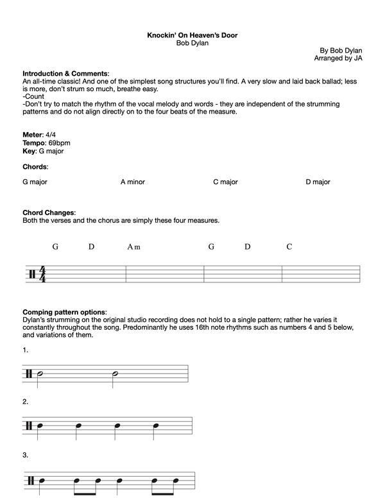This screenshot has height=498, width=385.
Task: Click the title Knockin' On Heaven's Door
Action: [x=192, y=35]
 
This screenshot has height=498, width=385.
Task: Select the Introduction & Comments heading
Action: [x=65, y=74]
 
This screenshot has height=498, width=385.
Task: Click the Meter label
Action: [x=32, y=135]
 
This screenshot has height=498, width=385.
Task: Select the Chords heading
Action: [x=35, y=167]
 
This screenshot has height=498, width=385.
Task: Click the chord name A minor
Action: [x=133, y=182]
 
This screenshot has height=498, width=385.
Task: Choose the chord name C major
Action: [x=225, y=182]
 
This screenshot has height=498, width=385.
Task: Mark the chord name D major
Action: [x=318, y=182]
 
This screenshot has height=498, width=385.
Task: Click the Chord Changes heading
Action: [x=49, y=213]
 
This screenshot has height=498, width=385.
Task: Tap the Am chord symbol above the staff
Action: [x=133, y=246]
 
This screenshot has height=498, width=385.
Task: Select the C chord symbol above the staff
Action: [x=289, y=246]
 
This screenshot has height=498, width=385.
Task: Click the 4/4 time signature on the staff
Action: [x=43, y=273]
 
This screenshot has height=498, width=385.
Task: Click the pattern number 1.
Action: [x=26, y=351]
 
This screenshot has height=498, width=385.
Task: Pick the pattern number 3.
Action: [x=26, y=456]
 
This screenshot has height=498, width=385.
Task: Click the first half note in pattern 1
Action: [x=40, y=374]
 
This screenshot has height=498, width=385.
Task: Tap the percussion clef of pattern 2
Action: [x=30, y=425]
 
